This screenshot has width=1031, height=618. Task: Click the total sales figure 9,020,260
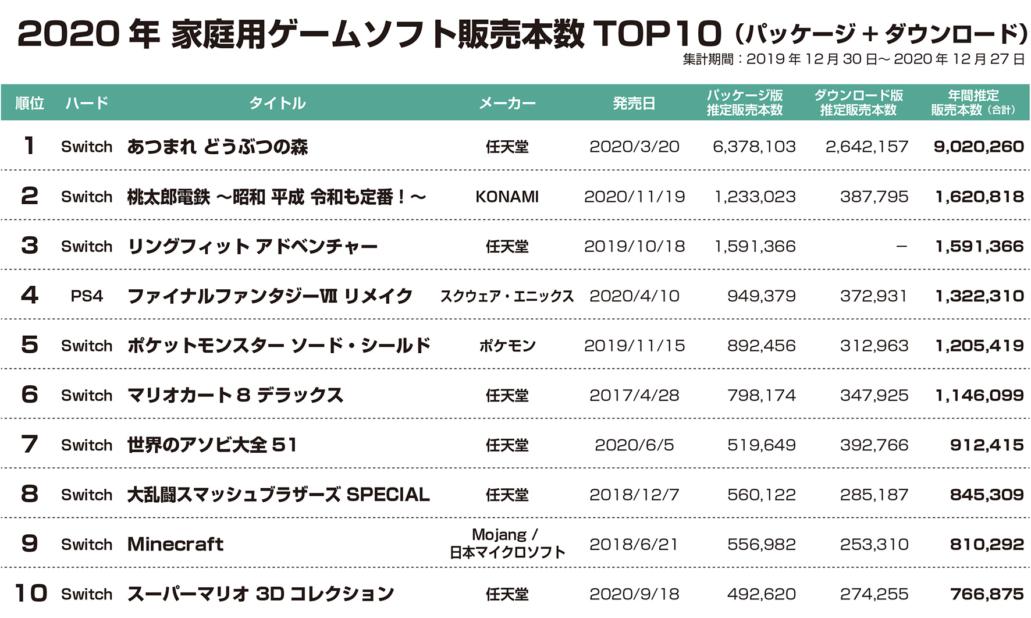tap(979, 147)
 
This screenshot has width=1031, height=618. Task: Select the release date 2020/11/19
tap(634, 197)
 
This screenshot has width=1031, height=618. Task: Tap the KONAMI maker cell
tap(507, 197)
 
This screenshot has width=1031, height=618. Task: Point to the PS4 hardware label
tap(87, 296)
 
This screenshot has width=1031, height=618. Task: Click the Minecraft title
tap(175, 544)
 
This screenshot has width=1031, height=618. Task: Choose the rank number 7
tap(29, 445)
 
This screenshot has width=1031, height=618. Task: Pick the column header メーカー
tap(507, 104)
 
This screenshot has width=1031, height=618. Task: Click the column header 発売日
tap(634, 104)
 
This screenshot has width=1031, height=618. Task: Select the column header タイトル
tap(278, 104)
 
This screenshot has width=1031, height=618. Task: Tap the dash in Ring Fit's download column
tap(901, 247)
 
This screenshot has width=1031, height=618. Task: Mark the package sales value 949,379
tap(761, 296)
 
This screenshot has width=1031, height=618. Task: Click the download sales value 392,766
tap(874, 445)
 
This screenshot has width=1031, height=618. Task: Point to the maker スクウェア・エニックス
tap(507, 296)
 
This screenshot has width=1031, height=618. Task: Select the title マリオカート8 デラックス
tap(235, 395)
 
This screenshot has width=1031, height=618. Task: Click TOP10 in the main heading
tap(657, 34)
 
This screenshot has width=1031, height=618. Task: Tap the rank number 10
tap(30, 594)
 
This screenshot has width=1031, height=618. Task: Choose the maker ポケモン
tap(507, 346)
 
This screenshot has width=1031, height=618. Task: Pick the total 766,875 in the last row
tap(987, 594)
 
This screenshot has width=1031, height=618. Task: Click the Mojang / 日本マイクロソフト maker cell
tap(507, 544)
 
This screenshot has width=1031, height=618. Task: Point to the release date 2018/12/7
tap(634, 495)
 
